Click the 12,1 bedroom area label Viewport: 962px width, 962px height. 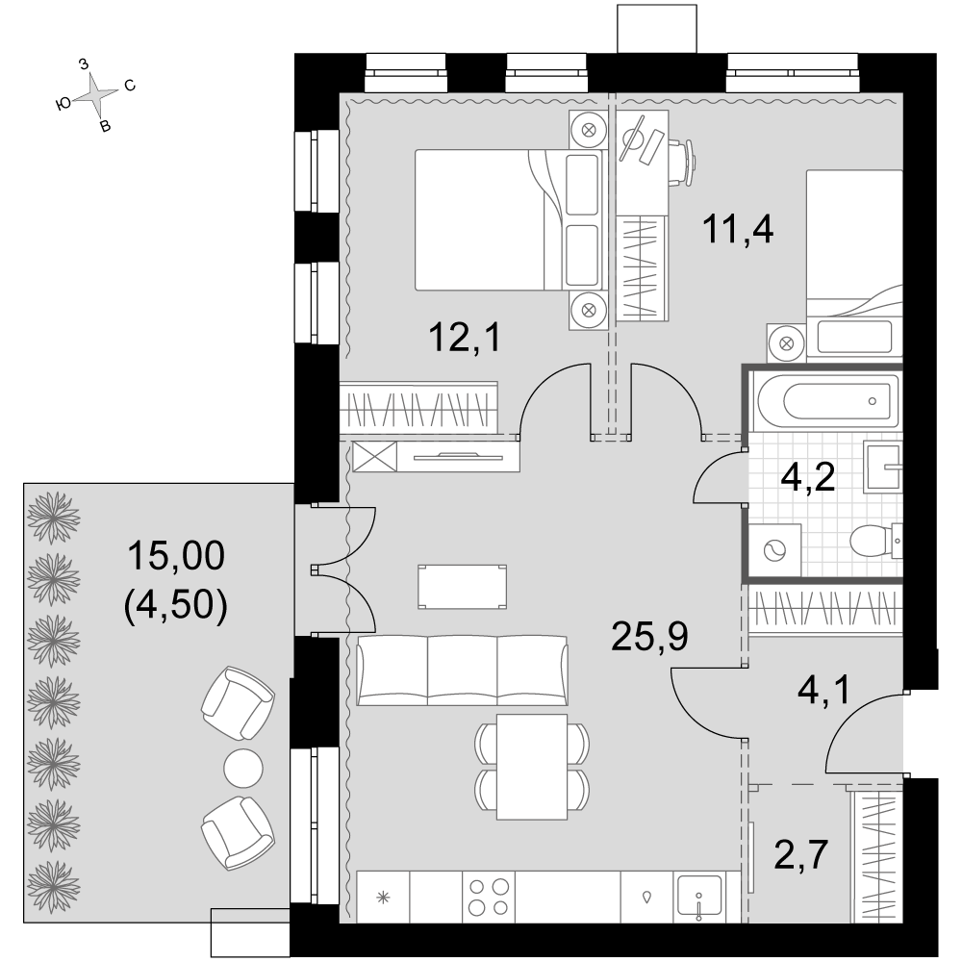465,338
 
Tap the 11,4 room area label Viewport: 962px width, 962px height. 738,230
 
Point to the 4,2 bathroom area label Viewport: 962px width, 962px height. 808,477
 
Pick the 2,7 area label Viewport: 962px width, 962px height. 801,854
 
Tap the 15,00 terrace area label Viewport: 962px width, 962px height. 176,556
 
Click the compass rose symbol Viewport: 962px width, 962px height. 96,94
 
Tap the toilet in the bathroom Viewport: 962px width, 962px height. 875,541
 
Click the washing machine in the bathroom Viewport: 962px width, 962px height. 774,549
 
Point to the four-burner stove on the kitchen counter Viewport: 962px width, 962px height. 489,897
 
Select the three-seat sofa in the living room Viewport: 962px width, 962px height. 462,671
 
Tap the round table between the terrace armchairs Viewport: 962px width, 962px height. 243,768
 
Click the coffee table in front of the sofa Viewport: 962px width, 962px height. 462,587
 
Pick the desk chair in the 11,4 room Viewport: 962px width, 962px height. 682,163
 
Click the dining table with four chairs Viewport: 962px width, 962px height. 532,767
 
